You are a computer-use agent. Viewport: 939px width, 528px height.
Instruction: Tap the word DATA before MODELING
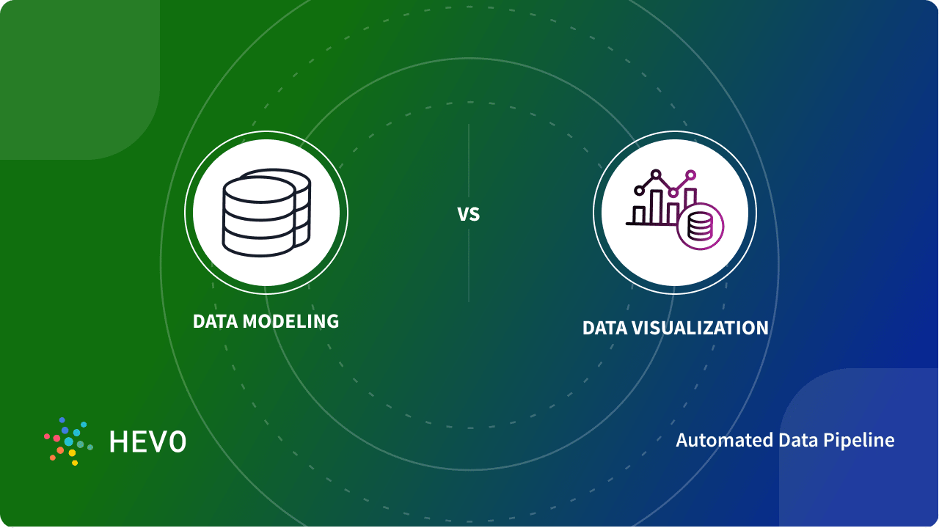click(215, 321)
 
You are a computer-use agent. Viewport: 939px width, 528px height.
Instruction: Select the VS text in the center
click(469, 214)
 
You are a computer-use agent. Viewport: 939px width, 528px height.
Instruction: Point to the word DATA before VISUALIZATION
click(604, 328)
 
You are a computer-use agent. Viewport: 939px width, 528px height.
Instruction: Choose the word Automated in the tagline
click(714, 440)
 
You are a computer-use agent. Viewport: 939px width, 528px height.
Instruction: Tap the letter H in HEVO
click(118, 441)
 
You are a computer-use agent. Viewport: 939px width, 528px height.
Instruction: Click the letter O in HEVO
click(177, 441)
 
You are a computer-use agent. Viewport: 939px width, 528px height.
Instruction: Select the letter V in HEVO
click(158, 441)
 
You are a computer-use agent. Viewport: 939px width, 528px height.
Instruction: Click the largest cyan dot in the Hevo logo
click(69, 441)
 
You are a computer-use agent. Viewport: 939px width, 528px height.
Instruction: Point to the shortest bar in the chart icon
click(640, 214)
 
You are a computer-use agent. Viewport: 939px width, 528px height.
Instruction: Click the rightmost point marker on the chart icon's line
click(690, 175)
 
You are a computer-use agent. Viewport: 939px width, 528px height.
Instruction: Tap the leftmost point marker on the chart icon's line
click(639, 191)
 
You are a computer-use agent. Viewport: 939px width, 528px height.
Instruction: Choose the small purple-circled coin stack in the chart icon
click(701, 227)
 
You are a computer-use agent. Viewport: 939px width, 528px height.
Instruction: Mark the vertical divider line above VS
click(469, 161)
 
